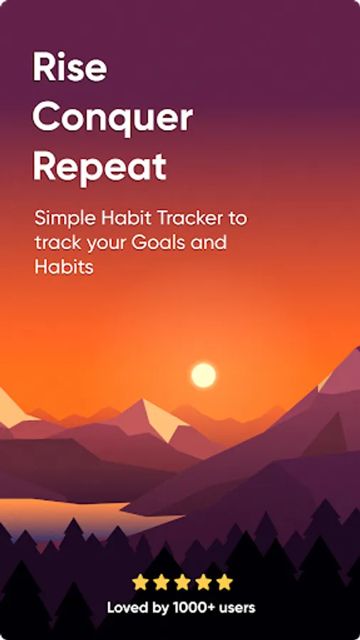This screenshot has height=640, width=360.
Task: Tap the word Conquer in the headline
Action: tap(112, 117)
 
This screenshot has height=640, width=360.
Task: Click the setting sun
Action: tap(203, 375)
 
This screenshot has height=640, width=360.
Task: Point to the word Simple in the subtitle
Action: tap(65, 219)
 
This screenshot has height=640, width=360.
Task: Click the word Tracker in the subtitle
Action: tap(189, 218)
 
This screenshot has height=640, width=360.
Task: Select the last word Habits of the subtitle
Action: tap(64, 267)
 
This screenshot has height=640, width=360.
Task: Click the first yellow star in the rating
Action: tap(140, 582)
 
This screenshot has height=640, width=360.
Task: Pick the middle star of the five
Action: tap(182, 582)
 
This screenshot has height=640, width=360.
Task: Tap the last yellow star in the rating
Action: tap(225, 582)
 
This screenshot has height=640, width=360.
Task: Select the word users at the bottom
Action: tap(238, 608)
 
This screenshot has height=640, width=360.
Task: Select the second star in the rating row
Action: tap(162, 582)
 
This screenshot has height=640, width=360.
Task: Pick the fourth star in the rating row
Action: tap(203, 582)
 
